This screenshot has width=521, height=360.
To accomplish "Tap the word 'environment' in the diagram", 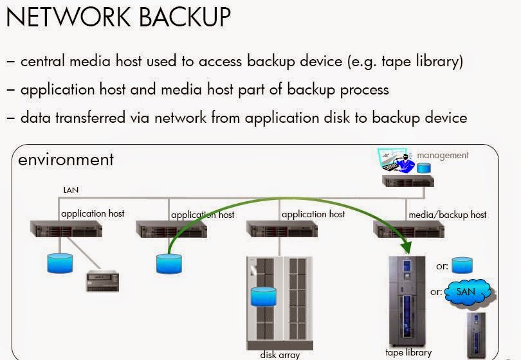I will click(x=66, y=159).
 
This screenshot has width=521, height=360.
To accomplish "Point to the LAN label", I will click(x=71, y=190).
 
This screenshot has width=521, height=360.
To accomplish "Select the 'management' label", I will click(x=443, y=155).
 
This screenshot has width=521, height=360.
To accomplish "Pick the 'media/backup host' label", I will click(x=448, y=215).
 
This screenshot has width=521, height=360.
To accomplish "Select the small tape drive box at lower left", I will click(x=104, y=281).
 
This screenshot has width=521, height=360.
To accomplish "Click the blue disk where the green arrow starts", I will click(x=169, y=262).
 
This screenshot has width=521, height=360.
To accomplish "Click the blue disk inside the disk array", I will click(x=263, y=296).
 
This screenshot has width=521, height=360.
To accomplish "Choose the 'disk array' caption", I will click(x=280, y=354).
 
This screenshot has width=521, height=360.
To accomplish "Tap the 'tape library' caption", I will click(x=408, y=352).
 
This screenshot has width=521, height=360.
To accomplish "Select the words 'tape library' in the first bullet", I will click(x=415, y=62).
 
